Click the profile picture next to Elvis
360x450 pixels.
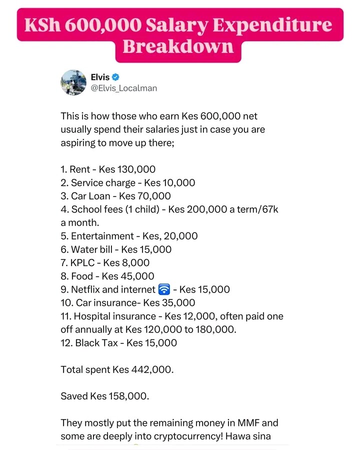pyautogui.click(x=73, y=82)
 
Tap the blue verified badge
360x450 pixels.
pyautogui.click(x=115, y=77)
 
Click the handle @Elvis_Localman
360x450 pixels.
pyautogui.click(x=123, y=88)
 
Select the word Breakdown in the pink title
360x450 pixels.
pyautogui.click(x=178, y=46)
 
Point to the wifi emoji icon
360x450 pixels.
pyautogui.click(x=164, y=289)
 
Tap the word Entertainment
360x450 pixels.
pyautogui.click(x=102, y=236)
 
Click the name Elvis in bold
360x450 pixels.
pyautogui.click(x=100, y=77)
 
